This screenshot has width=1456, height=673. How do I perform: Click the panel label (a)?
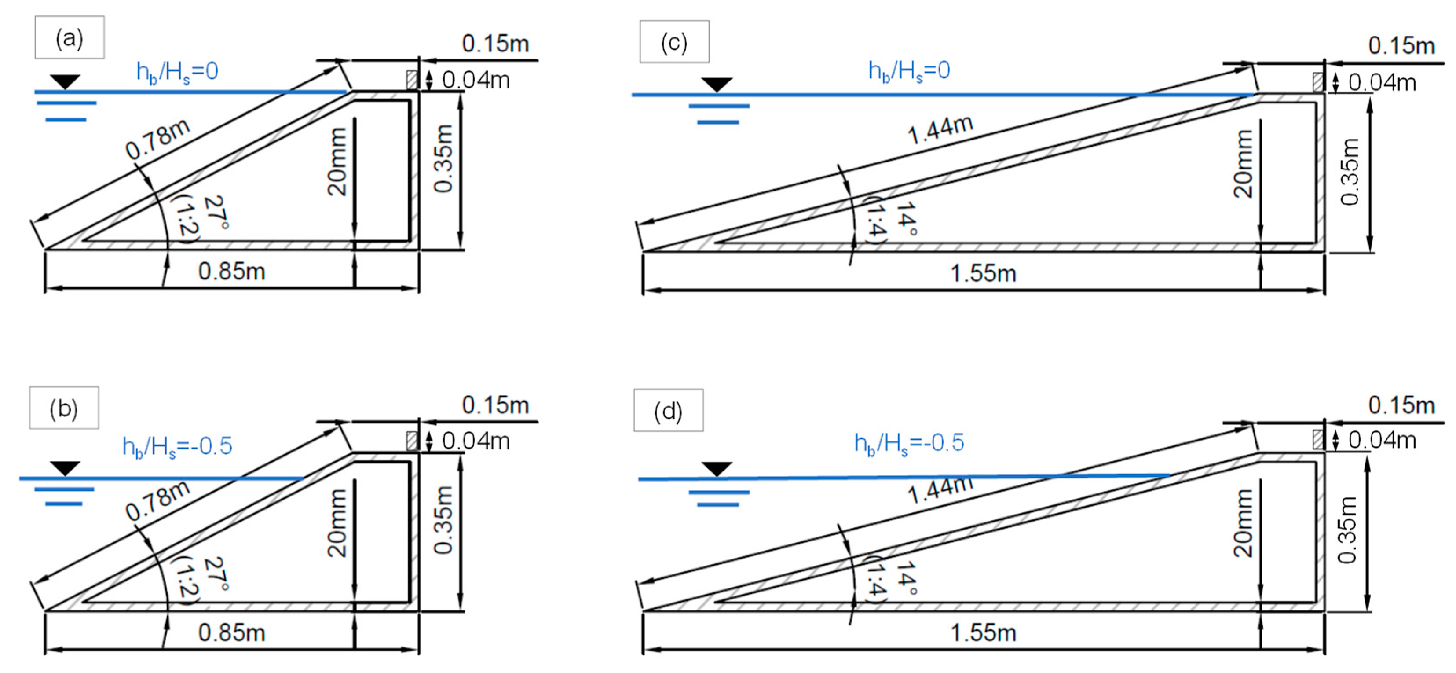coord(69,38)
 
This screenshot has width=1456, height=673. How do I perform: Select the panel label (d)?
coord(668,411)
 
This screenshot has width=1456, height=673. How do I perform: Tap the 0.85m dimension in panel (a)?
coord(232,272)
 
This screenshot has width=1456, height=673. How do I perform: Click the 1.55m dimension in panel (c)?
coord(983,274)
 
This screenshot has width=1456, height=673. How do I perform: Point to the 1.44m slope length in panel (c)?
coord(940,129)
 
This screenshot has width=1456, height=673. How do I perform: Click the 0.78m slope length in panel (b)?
coord(157,501)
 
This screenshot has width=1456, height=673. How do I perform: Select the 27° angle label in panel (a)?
coord(216,213)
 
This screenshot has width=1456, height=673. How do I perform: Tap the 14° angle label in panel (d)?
coord(906,578)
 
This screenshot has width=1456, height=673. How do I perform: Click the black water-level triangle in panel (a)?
coord(65,81)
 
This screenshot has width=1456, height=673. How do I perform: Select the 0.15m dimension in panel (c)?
coord(1401,46)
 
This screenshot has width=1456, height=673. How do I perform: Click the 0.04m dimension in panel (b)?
coord(476,441)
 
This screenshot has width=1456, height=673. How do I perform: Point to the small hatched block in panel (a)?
coord(412,80)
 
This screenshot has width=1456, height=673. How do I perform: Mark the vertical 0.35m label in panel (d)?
coord(1347,530)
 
